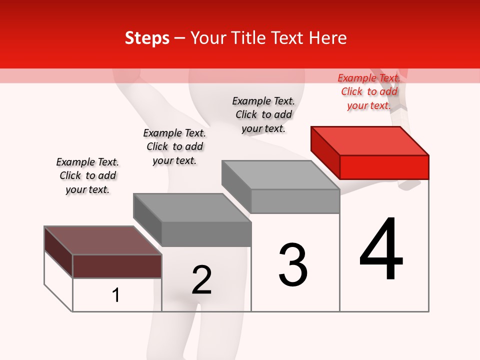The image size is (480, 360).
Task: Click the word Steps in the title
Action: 147,38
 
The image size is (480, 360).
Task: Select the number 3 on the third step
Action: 293,265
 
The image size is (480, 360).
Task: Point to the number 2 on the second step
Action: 201,280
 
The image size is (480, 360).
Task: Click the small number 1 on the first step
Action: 116,295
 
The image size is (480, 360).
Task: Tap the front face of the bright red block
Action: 384,167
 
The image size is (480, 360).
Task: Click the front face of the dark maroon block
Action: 117,266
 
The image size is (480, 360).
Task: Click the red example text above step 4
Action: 369,91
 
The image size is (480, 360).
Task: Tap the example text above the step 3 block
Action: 263,114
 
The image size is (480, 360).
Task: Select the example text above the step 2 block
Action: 174,146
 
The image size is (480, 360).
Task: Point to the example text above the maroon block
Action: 87,175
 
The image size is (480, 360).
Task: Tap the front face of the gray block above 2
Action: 206,234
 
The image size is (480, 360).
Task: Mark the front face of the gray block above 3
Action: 295,201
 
